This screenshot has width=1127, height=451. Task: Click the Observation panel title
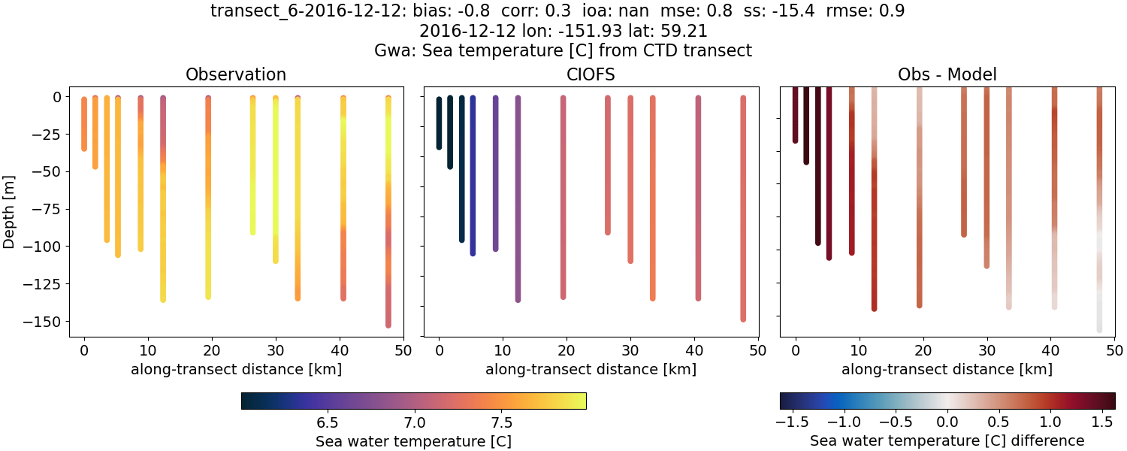pyautogui.click(x=236, y=75)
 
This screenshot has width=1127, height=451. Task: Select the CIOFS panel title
pyautogui.click(x=591, y=75)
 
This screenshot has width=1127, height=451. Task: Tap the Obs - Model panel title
pyautogui.click(x=947, y=75)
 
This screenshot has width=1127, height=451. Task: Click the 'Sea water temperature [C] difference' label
pyautogui.click(x=947, y=441)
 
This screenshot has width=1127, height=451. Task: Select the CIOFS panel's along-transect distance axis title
pyautogui.click(x=591, y=370)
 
